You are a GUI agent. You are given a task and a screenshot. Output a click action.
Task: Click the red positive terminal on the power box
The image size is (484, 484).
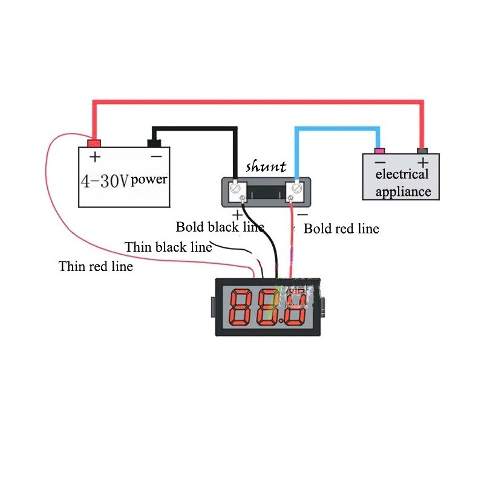[94, 143]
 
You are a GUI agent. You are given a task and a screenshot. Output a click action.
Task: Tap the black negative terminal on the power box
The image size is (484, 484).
[155, 143]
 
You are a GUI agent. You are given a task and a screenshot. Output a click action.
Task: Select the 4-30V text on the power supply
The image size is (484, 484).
[105, 180]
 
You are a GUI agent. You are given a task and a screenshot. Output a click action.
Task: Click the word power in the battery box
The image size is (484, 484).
[149, 179]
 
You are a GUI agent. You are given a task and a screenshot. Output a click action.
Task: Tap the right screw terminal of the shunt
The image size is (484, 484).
[296, 188]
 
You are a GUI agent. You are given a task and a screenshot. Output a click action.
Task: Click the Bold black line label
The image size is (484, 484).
[220, 227]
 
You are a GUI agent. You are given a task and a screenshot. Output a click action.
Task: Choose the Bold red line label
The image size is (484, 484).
[341, 229]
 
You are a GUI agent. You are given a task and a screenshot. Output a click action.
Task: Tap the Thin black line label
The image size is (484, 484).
[168, 247]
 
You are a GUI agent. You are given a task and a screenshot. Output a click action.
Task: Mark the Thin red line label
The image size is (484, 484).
[96, 266]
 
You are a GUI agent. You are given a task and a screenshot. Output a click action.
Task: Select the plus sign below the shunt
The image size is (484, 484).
[237, 213]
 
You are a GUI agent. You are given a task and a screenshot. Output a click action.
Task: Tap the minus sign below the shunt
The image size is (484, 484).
[302, 214]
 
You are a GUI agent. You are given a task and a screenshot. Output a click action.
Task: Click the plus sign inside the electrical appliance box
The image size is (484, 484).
[422, 162]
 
